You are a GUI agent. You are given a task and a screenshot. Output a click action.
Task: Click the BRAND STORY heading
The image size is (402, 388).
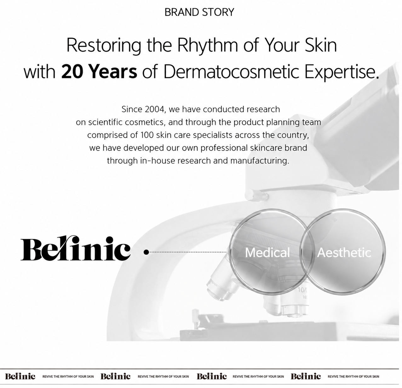(x=199, y=12)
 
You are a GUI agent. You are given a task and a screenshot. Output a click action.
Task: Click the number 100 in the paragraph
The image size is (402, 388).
(x=147, y=135)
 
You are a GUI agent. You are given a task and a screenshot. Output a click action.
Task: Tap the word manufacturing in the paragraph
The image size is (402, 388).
(x=260, y=161)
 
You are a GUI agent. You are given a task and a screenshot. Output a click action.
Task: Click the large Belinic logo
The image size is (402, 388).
(x=76, y=248)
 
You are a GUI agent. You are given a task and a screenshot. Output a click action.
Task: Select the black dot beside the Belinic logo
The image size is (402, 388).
(x=146, y=252)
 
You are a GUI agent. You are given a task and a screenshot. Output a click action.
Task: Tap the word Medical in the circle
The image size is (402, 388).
(x=267, y=252)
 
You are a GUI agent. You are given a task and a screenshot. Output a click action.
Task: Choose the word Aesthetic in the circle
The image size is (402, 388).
(x=344, y=252)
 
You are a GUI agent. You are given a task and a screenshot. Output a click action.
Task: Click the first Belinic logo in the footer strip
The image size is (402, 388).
(x=20, y=376)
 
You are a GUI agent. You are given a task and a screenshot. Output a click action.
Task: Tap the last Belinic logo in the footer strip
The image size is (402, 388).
(x=306, y=376)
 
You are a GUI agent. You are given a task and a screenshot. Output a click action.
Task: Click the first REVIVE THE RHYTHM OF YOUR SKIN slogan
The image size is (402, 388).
(x=68, y=376)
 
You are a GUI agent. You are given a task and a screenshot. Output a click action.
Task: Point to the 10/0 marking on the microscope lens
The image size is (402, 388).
(x=302, y=290)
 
